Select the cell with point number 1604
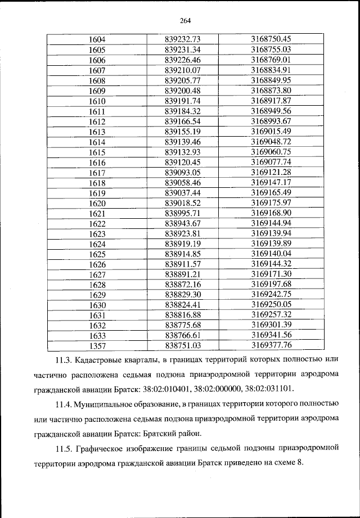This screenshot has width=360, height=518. point(97,39)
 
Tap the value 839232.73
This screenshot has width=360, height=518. point(183,39)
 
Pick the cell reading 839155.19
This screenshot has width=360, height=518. point(183,132)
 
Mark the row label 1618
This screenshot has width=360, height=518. point(97,183)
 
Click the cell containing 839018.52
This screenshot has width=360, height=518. point(183,203)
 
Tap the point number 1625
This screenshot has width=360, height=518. point(97,254)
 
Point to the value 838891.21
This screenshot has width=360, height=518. point(183,274)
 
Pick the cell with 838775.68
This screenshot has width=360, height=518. point(183,325)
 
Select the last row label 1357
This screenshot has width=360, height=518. point(97,345)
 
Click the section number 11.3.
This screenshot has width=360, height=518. point(64,359)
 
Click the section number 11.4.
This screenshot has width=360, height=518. point(64,404)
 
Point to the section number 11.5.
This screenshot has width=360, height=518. point(64,448)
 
